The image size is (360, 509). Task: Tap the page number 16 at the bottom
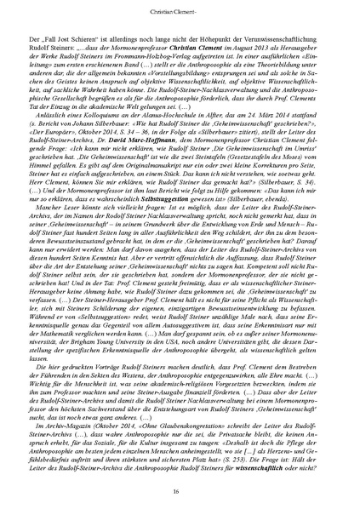click(x=180, y=492)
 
